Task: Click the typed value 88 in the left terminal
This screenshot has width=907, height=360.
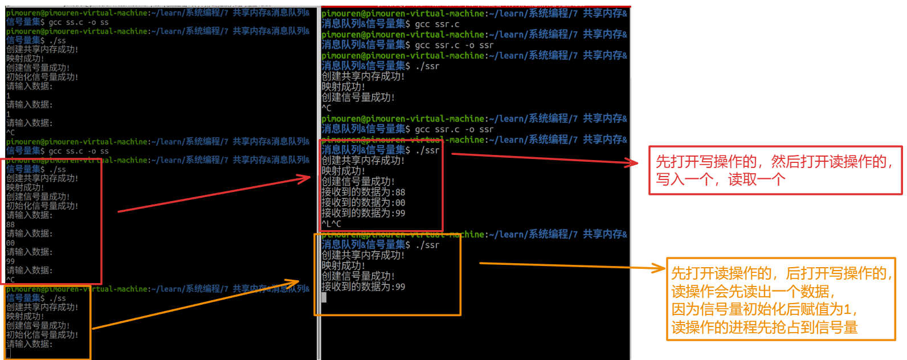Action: (x=11, y=224)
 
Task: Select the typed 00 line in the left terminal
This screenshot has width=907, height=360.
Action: (x=11, y=243)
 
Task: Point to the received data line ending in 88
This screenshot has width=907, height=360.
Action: (x=363, y=192)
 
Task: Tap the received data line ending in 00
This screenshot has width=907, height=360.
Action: (x=363, y=203)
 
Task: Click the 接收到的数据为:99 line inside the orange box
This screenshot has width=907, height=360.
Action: (x=363, y=287)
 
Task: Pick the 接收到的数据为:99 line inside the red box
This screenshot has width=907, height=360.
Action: (x=363, y=213)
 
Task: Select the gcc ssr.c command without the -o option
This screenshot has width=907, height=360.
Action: (x=437, y=24)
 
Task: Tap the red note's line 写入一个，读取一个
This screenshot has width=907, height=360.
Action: (x=720, y=179)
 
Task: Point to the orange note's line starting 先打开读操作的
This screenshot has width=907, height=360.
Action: (x=781, y=273)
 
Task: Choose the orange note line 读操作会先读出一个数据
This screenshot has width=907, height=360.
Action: (x=753, y=292)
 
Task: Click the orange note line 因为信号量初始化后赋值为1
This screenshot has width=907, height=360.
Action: (x=763, y=309)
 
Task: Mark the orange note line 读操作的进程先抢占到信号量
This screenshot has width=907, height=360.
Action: (x=764, y=328)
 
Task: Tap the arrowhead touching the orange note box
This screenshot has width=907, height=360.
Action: (x=661, y=268)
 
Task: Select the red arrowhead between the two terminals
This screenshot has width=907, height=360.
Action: (x=305, y=178)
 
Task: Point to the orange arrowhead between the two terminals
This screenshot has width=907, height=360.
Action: (x=294, y=282)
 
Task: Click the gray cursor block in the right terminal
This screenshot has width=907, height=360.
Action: (x=324, y=297)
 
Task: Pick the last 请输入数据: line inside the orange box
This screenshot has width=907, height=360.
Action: (x=29, y=344)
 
